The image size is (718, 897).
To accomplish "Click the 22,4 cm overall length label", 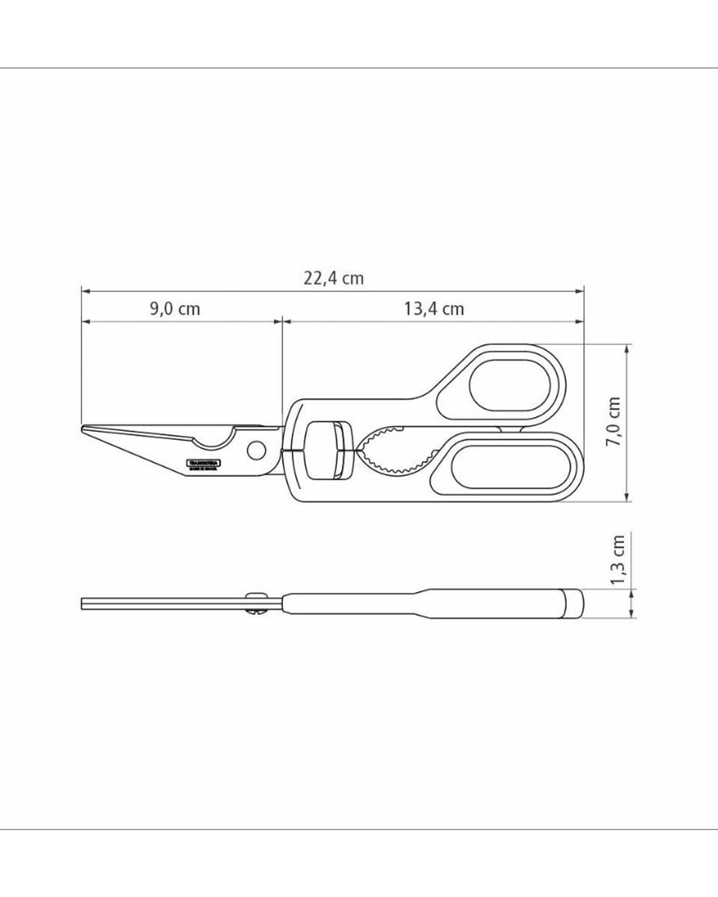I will point(334,278).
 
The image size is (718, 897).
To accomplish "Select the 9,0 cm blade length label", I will point(175,309).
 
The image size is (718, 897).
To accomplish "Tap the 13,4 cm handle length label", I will point(434,309).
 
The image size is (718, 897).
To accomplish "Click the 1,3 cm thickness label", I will point(617,560).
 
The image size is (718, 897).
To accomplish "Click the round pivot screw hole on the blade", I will point(256,450).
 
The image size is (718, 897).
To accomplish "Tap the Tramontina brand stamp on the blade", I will point(204,464).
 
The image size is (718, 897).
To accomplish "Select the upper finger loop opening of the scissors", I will point(511,385).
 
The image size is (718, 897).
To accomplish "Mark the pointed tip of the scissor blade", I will point(83,428).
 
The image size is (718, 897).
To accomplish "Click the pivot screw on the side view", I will point(257,603).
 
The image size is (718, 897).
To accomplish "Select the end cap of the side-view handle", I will point(573,603).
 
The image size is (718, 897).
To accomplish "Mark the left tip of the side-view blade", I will point(82,603).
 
